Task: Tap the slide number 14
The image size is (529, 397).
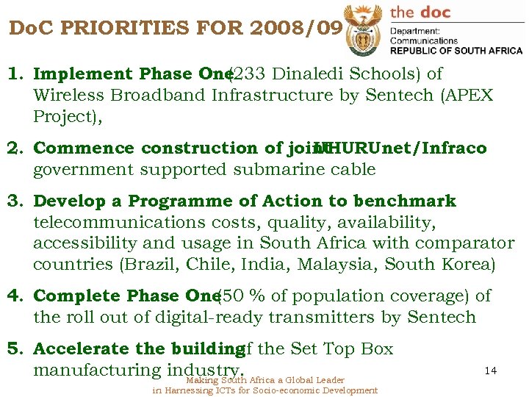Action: (x=491, y=371)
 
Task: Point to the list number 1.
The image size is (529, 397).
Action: (x=14, y=74)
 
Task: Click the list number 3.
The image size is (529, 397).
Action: (x=14, y=201)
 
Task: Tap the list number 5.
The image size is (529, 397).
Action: (x=14, y=349)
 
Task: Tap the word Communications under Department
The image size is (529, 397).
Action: (x=424, y=41)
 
